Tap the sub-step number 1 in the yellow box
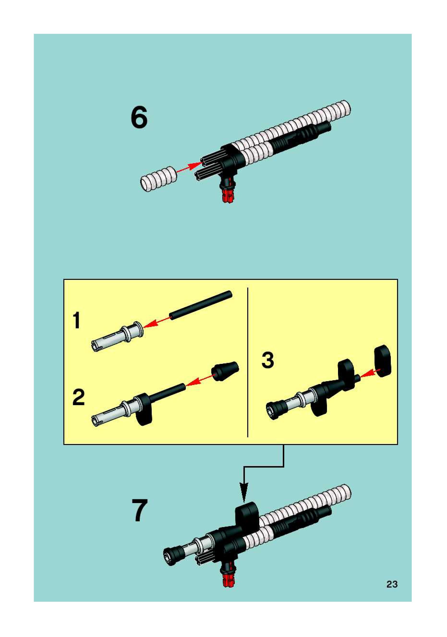click(x=77, y=320)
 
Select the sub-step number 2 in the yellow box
click(x=79, y=397)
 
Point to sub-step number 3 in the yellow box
click(x=268, y=360)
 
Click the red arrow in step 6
click(x=189, y=167)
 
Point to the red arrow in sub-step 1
click(x=157, y=321)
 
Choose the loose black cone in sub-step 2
click(x=225, y=371)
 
